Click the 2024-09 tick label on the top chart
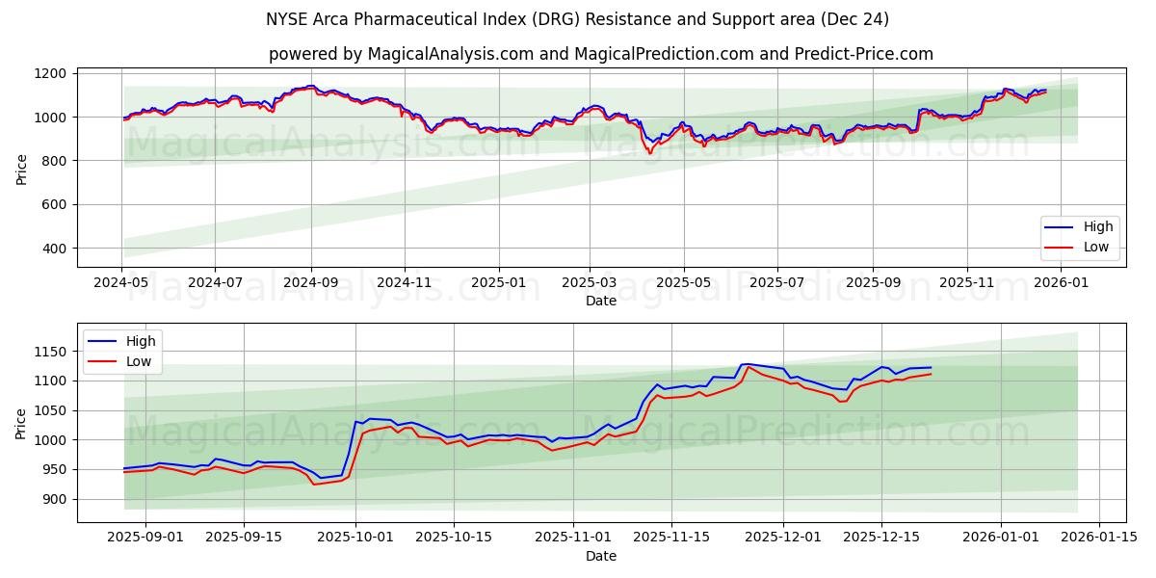tap(311, 283)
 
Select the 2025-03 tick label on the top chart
tap(590, 283)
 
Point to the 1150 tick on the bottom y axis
tap(51, 352)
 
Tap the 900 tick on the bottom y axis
tap(55, 499)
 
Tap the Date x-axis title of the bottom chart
tap(601, 556)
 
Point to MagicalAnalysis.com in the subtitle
tap(451, 54)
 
